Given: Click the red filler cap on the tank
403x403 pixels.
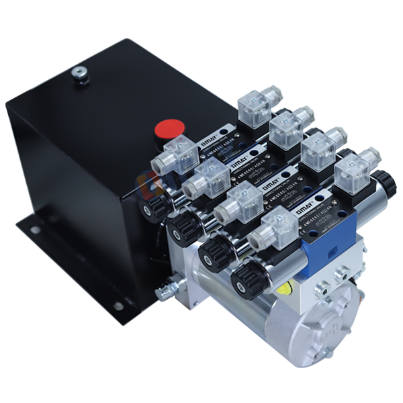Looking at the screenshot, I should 169,128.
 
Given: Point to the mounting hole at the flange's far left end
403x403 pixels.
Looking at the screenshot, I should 34,230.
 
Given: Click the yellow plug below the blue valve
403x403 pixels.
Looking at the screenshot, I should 285,289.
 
